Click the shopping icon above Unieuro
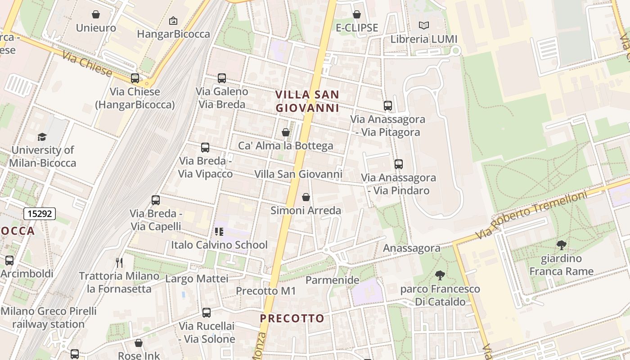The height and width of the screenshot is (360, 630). [x=95, y=14]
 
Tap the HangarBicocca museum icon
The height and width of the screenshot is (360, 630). [x=173, y=21]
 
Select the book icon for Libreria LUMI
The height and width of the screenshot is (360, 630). [x=423, y=26]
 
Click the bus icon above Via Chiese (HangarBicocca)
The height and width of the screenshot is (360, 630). [x=135, y=78]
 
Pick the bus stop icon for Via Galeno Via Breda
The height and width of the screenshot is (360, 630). [x=222, y=78]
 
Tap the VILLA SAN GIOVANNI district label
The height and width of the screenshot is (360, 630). [x=307, y=101]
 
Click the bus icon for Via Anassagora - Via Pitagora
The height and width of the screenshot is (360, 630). [x=388, y=106]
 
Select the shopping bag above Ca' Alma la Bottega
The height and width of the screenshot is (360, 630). [x=285, y=132]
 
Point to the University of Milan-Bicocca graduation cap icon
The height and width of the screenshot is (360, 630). [x=42, y=137]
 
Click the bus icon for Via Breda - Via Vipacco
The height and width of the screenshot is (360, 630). [x=205, y=147]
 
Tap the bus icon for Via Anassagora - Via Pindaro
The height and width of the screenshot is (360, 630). [x=398, y=164]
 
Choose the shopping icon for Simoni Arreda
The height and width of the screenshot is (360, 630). [x=306, y=197]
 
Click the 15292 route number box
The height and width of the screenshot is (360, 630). [x=40, y=214]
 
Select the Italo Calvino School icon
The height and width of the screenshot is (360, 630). [x=219, y=232]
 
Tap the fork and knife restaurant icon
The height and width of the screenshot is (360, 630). [x=119, y=262]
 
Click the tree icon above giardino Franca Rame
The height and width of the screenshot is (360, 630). [x=561, y=245]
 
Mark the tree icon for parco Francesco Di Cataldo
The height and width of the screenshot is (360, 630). [x=440, y=275]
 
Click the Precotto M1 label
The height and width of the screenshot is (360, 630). [x=266, y=291]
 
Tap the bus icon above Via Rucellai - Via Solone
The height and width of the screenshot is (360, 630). [x=207, y=312]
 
